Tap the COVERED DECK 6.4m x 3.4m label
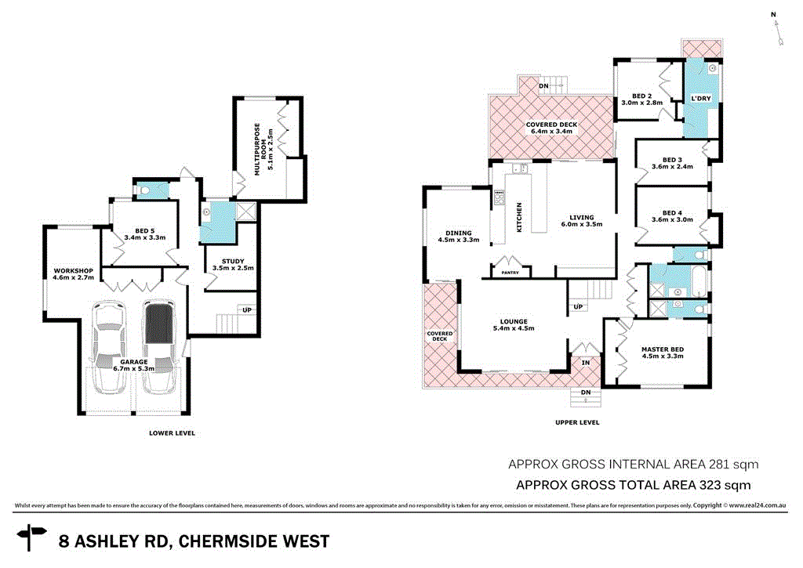552,128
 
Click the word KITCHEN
518,215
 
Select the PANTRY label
510,273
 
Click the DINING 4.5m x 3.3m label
459,236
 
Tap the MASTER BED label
663,353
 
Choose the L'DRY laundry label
700,99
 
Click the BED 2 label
642,99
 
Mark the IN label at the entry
585,363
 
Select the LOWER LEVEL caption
172,432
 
